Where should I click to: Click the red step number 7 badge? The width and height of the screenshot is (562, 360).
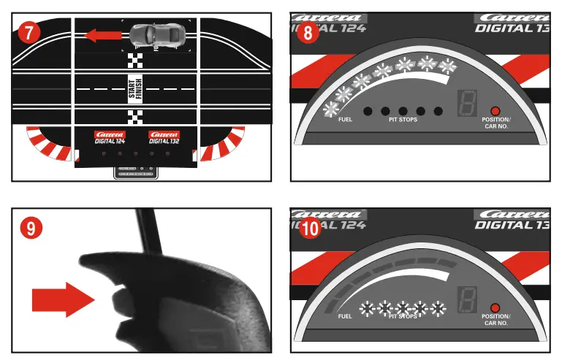tap(29, 32)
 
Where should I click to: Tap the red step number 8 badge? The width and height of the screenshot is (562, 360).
tap(308, 33)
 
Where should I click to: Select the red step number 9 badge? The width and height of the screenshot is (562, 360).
tap(30, 227)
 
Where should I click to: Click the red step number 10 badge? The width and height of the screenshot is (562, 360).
tap(310, 228)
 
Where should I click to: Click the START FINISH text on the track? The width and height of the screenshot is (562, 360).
tap(136, 87)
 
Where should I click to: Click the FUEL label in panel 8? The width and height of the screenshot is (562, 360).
tap(346, 120)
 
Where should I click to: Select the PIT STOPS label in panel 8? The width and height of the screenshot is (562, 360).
tap(403, 120)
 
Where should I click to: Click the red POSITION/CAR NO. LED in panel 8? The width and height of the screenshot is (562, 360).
tap(495, 111)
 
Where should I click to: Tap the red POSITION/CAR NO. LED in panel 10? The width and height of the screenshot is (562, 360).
tap(495, 307)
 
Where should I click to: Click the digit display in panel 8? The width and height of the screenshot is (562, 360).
tap(466, 104)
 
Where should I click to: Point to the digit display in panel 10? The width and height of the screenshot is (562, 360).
tap(466, 300)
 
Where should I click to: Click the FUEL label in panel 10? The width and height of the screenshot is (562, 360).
tap(346, 317)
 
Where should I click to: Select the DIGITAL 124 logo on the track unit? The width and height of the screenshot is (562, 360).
tap(110, 137)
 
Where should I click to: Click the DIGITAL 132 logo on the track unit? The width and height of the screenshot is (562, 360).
tap(164, 137)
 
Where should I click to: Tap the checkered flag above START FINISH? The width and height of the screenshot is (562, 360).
tap(136, 61)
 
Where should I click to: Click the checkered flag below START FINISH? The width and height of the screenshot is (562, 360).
tap(136, 115)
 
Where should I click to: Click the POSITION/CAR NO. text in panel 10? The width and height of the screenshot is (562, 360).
tap(498, 320)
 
